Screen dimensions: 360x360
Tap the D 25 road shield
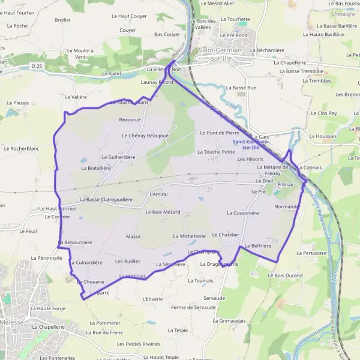[x=37, y=65]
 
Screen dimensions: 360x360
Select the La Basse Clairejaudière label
[x=106, y=199]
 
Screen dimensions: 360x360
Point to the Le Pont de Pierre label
[x=219, y=133]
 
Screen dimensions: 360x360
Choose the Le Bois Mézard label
[x=163, y=212]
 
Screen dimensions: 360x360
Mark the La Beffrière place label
[x=258, y=246]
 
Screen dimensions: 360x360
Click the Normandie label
[x=287, y=206]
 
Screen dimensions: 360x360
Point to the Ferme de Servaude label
[x=193, y=308]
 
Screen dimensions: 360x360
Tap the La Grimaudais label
[x=229, y=321]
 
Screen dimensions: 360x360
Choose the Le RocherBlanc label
[x=21, y=148]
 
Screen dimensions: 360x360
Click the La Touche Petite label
[x=216, y=152]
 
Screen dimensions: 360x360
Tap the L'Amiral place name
[x=158, y=194]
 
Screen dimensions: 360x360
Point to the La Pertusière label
[x=311, y=253]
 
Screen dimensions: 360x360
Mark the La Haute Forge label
[x=47, y=308]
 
